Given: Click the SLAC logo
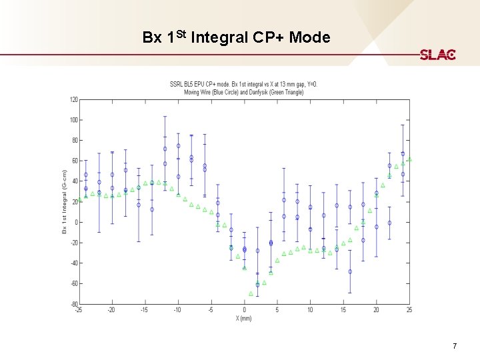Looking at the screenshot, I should tap(437, 55).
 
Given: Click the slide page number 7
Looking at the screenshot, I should tap(454, 346).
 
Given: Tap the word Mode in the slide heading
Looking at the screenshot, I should tap(309, 37).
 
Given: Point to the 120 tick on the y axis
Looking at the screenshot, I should tap(73, 99).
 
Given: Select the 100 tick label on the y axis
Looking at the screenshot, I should tap(73, 120).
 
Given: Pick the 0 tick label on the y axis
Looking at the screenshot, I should tap(75, 222).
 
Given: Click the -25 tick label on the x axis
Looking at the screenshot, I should tap(79, 310).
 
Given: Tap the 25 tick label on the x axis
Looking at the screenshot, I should tap(409, 310).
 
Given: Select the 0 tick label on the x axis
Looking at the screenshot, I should tap(244, 310).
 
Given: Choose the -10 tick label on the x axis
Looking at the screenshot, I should tap(177, 310).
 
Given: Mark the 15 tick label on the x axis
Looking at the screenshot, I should tap(343, 310).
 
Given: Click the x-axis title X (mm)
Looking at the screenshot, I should tap(244, 317).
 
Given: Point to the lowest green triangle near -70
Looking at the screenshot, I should tap(251, 293).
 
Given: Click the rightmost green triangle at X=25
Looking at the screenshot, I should tap(409, 160).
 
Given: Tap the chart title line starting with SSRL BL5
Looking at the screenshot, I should tap(244, 84).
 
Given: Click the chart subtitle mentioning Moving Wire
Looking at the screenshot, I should tap(244, 91).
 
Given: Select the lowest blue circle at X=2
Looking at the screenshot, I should tap(257, 285).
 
